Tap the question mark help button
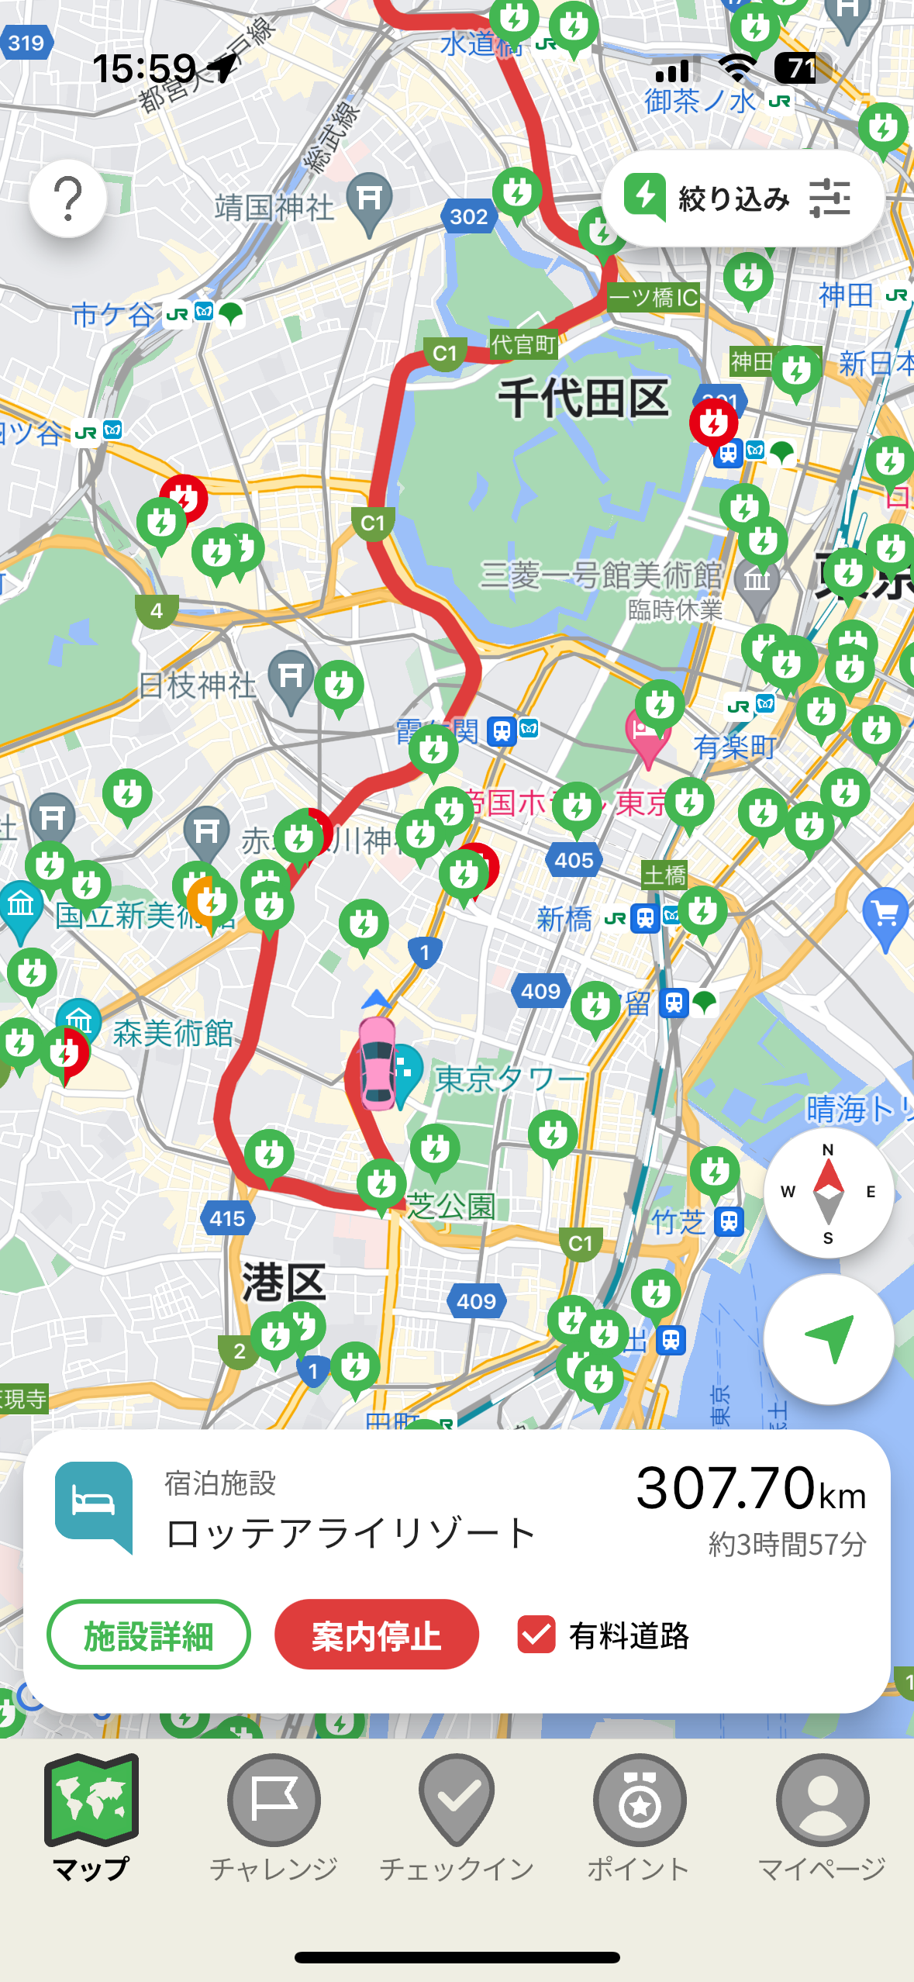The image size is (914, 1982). coord(68,199)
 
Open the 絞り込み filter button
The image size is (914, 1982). coord(742,199)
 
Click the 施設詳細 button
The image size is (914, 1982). coord(148,1635)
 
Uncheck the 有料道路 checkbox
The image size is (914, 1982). coord(536,1635)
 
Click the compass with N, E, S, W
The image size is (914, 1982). coord(828,1192)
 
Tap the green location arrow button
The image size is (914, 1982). coord(828,1338)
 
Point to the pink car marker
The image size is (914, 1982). coord(378,1063)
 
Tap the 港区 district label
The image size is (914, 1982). coord(284,1282)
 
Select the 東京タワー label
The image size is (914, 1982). coord(509,1079)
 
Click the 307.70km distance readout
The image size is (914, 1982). coord(750,1489)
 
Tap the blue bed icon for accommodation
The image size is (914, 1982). coord(94,1504)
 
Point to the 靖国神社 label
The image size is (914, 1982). coord(274,208)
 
